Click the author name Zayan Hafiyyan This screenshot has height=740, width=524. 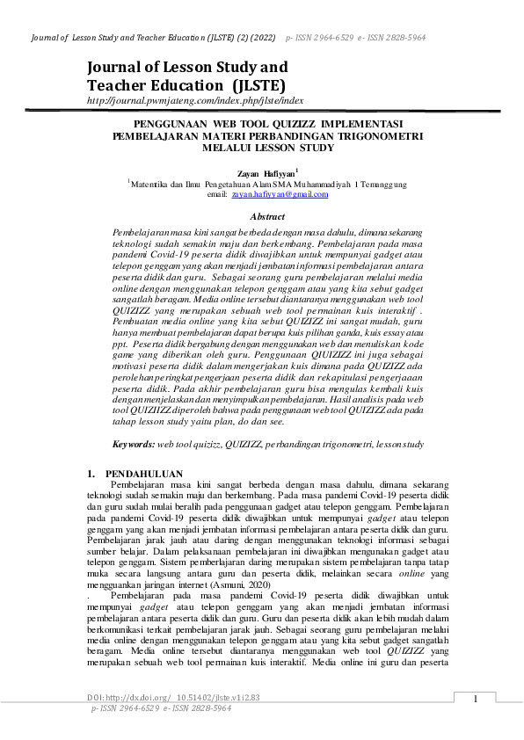click(265, 172)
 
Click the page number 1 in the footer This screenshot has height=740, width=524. click(476, 699)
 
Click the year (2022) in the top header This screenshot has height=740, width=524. click(260, 40)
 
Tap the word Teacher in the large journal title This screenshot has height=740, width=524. click(120, 84)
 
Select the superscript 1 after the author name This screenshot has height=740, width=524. click(297, 170)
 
